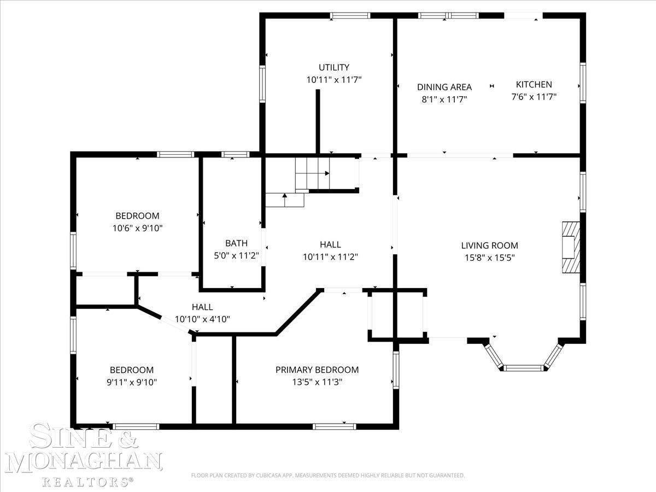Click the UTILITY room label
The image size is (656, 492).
334,67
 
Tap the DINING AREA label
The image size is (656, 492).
444,87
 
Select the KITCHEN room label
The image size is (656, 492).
534,85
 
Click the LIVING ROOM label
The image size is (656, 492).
489,245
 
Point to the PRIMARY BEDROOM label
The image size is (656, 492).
317,370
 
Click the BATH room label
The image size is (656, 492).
236,243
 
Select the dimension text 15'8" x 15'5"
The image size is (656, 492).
489,257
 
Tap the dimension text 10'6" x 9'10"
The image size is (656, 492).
137,228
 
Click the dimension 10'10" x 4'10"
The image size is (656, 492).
202,319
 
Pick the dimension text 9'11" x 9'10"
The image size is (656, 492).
132,382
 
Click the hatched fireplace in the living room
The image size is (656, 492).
571,247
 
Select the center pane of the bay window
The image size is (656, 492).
524,368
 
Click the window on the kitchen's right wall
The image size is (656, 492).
583,83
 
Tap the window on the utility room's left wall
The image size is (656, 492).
262,84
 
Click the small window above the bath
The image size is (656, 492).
236,155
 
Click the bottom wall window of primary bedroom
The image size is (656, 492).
335,426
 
